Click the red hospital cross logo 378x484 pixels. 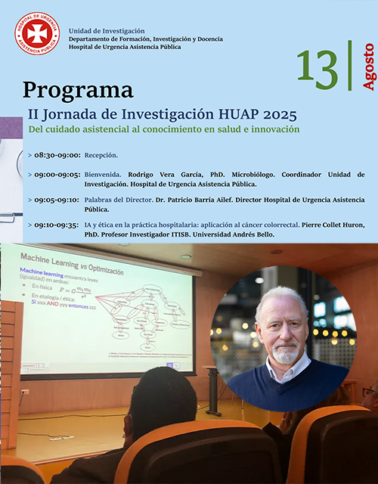(37, 33)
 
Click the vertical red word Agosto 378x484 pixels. (368, 67)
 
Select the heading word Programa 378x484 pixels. (78, 90)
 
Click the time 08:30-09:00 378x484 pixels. (57, 155)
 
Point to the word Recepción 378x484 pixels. (101, 155)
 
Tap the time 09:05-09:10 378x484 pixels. (57, 200)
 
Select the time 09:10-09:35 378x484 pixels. (57, 225)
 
